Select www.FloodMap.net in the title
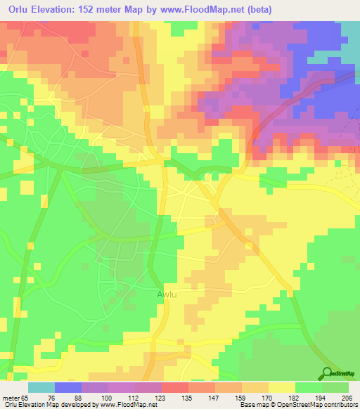(202, 10)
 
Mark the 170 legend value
(268, 398)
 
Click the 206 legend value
(347, 398)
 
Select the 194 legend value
(321, 398)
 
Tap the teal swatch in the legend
(41, 387)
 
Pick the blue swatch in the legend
(68, 387)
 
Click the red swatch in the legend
(175, 387)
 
